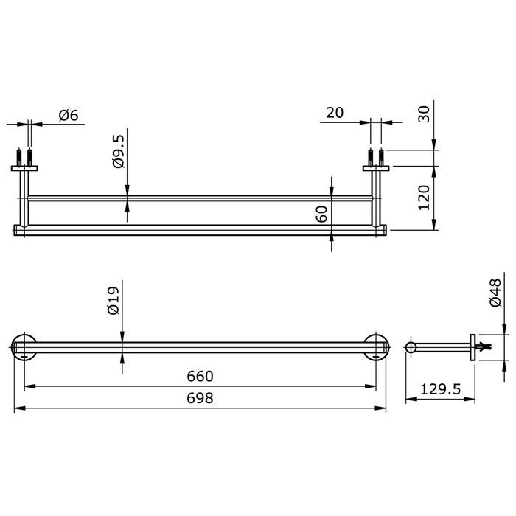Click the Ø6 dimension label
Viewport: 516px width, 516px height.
click(69, 116)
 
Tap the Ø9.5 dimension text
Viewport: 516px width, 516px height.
click(119, 151)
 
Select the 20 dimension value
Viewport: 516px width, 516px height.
click(335, 113)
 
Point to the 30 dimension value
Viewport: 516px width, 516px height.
click(424, 114)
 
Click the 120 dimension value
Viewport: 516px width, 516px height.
click(424, 198)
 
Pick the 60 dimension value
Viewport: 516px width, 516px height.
click(321, 214)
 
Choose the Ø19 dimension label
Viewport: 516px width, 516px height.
click(114, 301)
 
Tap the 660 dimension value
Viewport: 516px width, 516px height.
click(200, 376)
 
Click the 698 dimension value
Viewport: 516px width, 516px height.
click(200, 398)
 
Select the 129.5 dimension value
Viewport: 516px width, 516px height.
click(441, 389)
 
